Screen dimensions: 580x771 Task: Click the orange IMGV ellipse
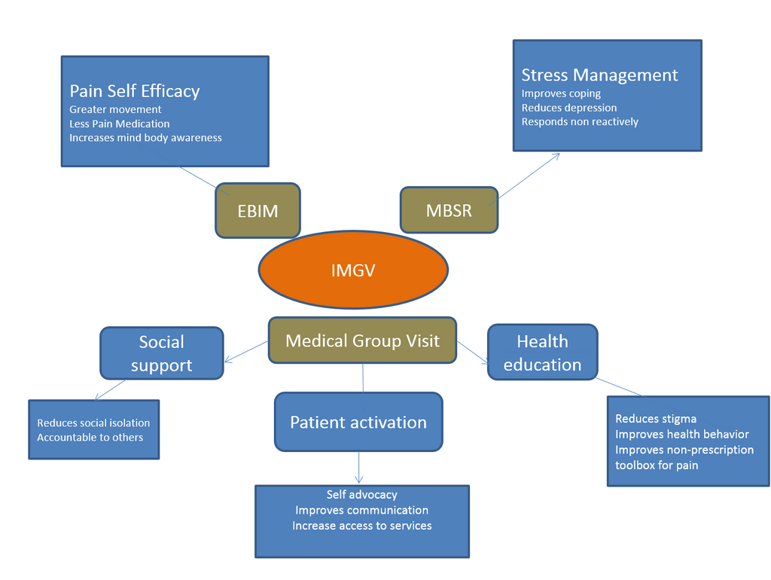pyautogui.click(x=353, y=270)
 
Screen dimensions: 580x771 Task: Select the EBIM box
pyautogui.click(x=258, y=211)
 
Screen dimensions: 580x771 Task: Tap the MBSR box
pyautogui.click(x=449, y=210)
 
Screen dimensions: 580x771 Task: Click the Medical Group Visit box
pyautogui.click(x=362, y=340)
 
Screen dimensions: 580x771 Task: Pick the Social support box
pyautogui.click(x=161, y=353)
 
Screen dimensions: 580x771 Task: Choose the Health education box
pyautogui.click(x=542, y=353)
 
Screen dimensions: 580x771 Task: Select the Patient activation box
pyautogui.click(x=358, y=422)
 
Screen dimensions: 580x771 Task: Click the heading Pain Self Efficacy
pyautogui.click(x=135, y=91)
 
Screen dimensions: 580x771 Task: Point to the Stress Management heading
pyautogui.click(x=599, y=75)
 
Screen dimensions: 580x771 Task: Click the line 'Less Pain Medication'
pyautogui.click(x=119, y=124)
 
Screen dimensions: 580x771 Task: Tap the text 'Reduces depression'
pyautogui.click(x=568, y=108)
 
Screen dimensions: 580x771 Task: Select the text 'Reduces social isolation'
pyautogui.click(x=93, y=423)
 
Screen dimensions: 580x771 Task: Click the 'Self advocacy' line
pyautogui.click(x=361, y=495)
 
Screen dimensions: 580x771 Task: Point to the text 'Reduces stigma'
pyautogui.click(x=656, y=419)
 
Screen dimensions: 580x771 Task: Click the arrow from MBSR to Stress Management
pyautogui.click(x=529, y=176)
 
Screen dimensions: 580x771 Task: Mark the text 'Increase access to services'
pyautogui.click(x=361, y=526)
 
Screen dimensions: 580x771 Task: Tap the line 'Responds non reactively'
pyautogui.click(x=580, y=122)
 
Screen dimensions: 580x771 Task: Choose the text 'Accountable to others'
pyautogui.click(x=90, y=438)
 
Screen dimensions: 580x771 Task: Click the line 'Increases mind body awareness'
pyautogui.click(x=145, y=138)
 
